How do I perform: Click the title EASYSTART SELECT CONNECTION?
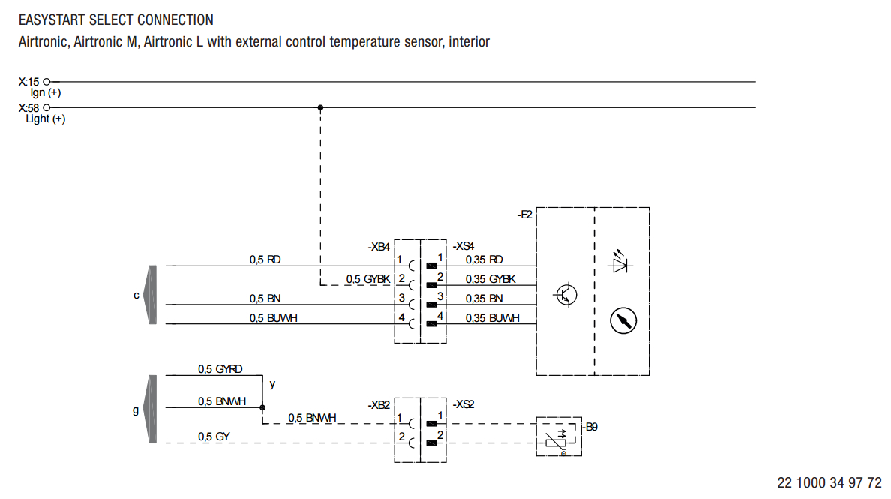115,20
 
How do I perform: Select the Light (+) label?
45,119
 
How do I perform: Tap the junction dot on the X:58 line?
320,107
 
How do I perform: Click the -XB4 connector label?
379,246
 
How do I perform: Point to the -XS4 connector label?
463,246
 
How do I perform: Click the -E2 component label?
524,215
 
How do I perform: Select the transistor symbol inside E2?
565,294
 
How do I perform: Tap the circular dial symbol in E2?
622,320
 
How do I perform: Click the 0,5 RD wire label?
265,260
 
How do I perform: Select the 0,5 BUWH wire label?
273,318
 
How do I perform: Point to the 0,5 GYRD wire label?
220,369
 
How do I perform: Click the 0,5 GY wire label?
214,437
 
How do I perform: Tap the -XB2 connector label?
379,404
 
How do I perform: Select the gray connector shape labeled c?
151,295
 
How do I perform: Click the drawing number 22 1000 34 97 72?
829,482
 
